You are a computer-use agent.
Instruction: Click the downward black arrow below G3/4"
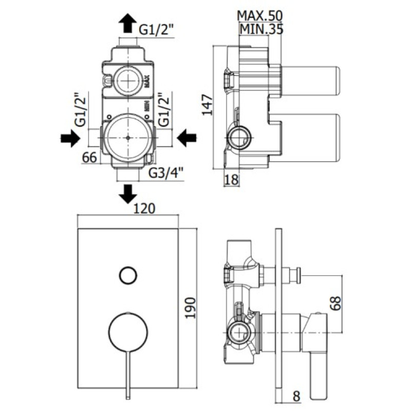[127, 194]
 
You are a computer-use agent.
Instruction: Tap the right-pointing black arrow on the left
[70, 138]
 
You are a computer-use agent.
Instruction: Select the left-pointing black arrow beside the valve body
[187, 138]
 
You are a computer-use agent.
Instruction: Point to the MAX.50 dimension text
[260, 16]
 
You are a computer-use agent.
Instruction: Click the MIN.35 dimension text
[261, 29]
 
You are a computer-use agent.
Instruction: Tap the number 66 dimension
[89, 158]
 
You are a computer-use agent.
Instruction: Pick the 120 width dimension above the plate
[144, 208]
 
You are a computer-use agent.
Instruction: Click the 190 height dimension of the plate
[191, 309]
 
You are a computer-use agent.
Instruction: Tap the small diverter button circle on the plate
[128, 275]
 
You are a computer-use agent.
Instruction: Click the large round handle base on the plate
[128, 331]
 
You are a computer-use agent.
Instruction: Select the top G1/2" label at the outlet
[156, 29]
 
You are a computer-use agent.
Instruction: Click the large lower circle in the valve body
[127, 138]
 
